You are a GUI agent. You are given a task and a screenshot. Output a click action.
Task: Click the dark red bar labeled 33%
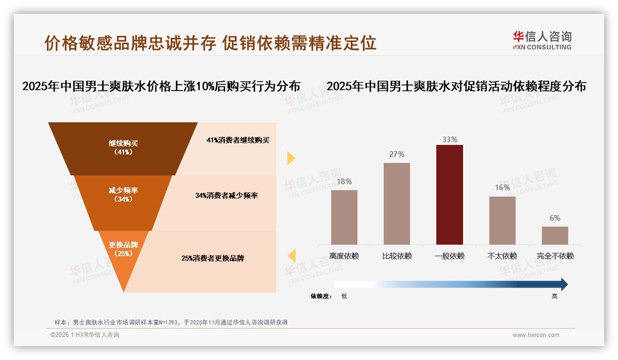pyautogui.click(x=450, y=194)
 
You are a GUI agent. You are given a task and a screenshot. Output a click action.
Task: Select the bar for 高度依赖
pyautogui.click(x=344, y=217)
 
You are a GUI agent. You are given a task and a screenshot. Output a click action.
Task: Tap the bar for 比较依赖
pyautogui.click(x=397, y=203)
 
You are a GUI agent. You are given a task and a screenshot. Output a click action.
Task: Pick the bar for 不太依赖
pyautogui.click(x=502, y=220)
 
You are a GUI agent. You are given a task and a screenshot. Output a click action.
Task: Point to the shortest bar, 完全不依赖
pyautogui.click(x=555, y=235)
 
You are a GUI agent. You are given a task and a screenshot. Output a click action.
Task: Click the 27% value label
pyautogui.click(x=397, y=154)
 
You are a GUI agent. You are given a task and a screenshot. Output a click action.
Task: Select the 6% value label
pyautogui.click(x=555, y=218)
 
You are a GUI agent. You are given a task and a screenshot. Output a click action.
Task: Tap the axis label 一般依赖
pyautogui.click(x=450, y=256)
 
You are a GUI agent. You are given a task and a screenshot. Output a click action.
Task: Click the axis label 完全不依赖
pyautogui.click(x=555, y=256)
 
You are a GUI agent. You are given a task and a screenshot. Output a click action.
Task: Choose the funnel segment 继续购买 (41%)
pyautogui.click(x=123, y=148)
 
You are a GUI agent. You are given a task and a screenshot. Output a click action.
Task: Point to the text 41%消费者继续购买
pyautogui.click(x=238, y=140)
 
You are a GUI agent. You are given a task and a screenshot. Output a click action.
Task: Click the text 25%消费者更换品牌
pyautogui.click(x=213, y=258)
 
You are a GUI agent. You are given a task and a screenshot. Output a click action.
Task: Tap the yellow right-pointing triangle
pyautogui.click(x=291, y=158)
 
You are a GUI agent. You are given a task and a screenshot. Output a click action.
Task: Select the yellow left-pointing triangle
pyautogui.click(x=291, y=255)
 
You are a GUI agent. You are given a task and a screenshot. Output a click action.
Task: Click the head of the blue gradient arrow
pyautogui.click(x=564, y=284)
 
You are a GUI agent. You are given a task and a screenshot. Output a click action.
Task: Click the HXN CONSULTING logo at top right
pyautogui.click(x=542, y=41)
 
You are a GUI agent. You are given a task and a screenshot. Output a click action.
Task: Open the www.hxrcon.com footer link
pyautogui.click(x=536, y=335)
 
